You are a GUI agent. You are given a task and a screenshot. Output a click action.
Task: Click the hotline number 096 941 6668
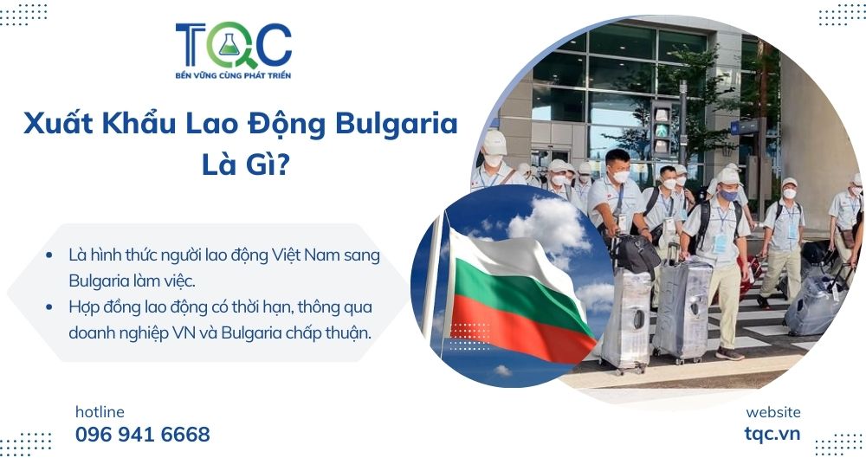coord(143,434)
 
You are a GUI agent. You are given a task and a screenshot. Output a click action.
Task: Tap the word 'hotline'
coord(100,411)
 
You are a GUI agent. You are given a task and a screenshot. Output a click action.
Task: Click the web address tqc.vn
coord(772,434)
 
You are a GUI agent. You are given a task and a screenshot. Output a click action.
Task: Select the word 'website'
coord(772,412)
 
